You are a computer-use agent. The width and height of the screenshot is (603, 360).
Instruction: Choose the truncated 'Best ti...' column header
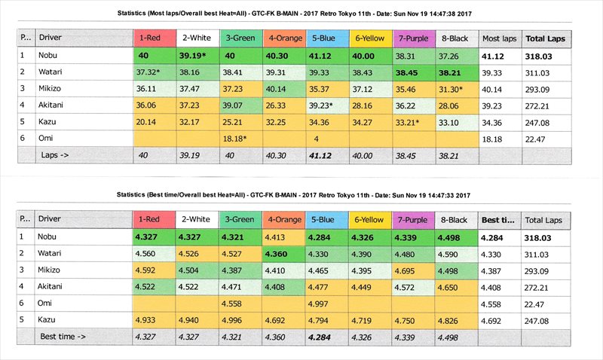point(497,219)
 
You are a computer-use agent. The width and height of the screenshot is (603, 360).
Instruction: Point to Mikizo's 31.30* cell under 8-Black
point(455,88)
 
